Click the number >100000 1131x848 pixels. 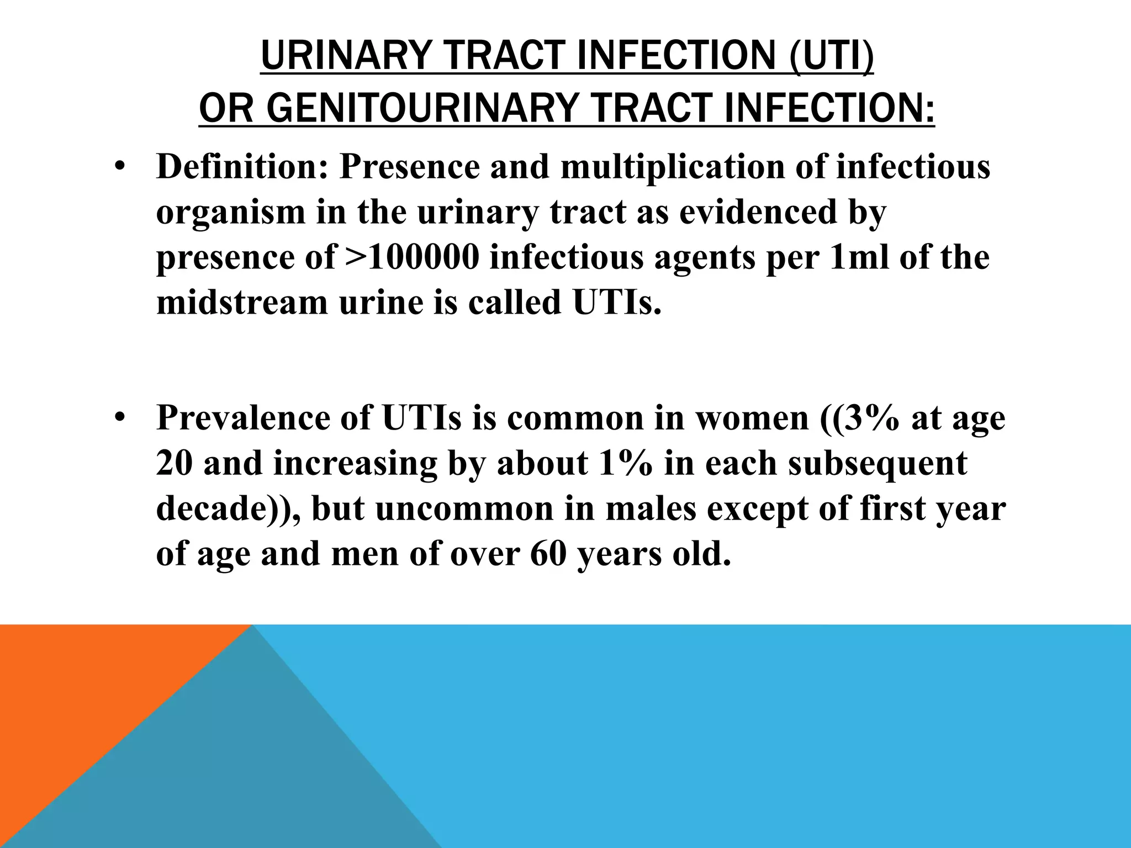[412, 258]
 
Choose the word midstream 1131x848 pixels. [242, 303]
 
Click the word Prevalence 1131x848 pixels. [244, 418]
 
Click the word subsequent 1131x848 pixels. [878, 463]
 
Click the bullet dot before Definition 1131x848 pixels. [120, 168]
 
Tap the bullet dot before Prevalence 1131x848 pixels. [120, 418]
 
